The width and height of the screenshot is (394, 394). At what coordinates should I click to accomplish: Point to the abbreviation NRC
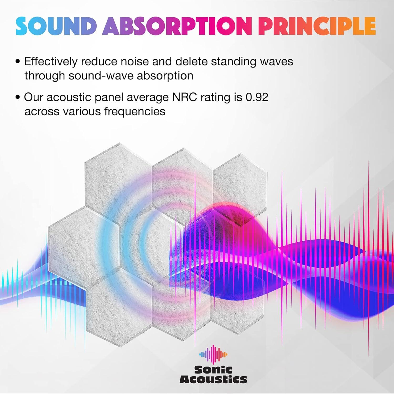point(184,97)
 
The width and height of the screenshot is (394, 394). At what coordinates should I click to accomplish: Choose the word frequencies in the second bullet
point(135,111)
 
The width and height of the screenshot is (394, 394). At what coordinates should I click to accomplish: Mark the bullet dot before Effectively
point(18,62)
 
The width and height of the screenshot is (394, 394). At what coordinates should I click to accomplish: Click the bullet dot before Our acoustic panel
point(18,97)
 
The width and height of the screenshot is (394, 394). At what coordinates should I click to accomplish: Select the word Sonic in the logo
point(213,370)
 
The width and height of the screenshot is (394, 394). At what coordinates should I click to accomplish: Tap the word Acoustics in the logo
point(213,380)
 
